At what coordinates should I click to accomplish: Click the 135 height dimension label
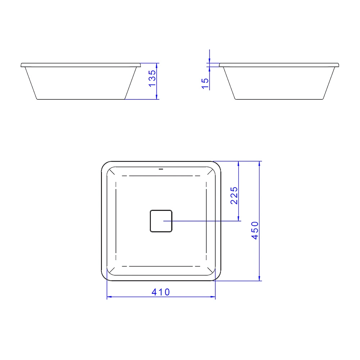coord(152,78)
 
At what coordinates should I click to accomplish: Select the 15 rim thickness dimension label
coord(205,84)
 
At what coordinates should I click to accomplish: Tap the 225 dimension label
coord(234,195)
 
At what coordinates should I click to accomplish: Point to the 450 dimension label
coord(255,230)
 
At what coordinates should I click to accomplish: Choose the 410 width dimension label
coord(161,292)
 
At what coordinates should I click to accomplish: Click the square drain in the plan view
coord(161,221)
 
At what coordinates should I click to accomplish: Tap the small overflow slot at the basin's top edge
coord(161,169)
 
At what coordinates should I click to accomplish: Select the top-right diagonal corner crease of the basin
coord(210,172)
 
